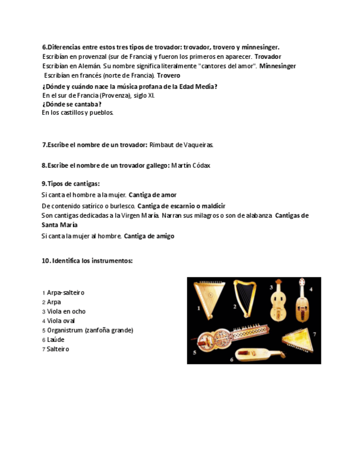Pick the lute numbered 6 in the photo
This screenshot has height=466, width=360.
(x=258, y=353)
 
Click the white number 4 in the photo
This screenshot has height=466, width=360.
(x=311, y=289)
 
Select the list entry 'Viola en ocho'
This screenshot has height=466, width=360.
(x=66, y=312)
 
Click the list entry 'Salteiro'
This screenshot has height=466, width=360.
(x=58, y=349)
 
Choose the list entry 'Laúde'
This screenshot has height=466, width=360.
(x=56, y=340)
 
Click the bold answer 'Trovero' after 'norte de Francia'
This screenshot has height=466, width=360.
(x=168, y=75)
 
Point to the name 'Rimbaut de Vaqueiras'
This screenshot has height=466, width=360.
(x=181, y=145)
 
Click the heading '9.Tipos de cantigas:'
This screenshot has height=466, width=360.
(x=70, y=184)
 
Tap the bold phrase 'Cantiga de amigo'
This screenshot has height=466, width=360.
(x=149, y=236)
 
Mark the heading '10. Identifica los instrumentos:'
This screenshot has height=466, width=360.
(x=87, y=261)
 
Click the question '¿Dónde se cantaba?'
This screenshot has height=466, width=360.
(x=71, y=104)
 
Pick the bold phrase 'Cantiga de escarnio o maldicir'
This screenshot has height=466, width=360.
(x=181, y=206)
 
